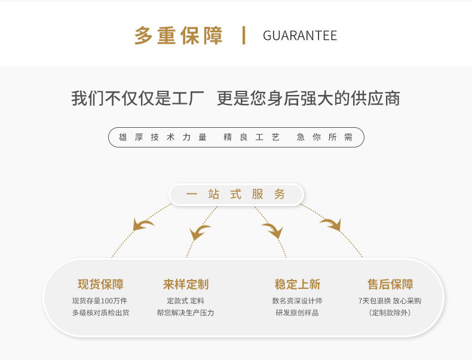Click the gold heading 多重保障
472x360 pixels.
pyautogui.click(x=179, y=35)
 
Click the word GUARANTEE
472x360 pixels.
pyautogui.click(x=300, y=36)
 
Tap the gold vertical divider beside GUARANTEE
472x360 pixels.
pyautogui.click(x=244, y=35)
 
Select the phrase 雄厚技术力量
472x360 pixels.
pyautogui.click(x=163, y=137)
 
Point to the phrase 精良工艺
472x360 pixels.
pyautogui.click(x=252, y=137)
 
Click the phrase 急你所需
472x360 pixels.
pyautogui.click(x=324, y=137)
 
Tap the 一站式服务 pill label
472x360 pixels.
pyautogui.click(x=236, y=195)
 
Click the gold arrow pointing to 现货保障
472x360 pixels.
pyautogui.click(x=143, y=224)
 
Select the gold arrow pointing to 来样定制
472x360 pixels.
pyautogui.click(x=200, y=232)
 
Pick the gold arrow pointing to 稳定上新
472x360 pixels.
pyautogui.click(x=272, y=230)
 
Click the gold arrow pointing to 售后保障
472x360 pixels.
pyautogui.click(x=330, y=224)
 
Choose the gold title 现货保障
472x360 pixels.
pyautogui.click(x=100, y=285)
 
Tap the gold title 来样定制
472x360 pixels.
pyautogui.click(x=186, y=285)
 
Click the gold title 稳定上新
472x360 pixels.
pyautogui.click(x=298, y=285)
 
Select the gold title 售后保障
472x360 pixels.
pyautogui.click(x=390, y=285)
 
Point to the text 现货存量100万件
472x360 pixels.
pyautogui.click(x=100, y=301)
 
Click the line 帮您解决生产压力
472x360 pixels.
pyautogui.click(x=185, y=313)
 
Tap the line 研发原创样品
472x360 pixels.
pyautogui.click(x=297, y=313)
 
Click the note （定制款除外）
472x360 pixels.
pyautogui.click(x=390, y=313)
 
